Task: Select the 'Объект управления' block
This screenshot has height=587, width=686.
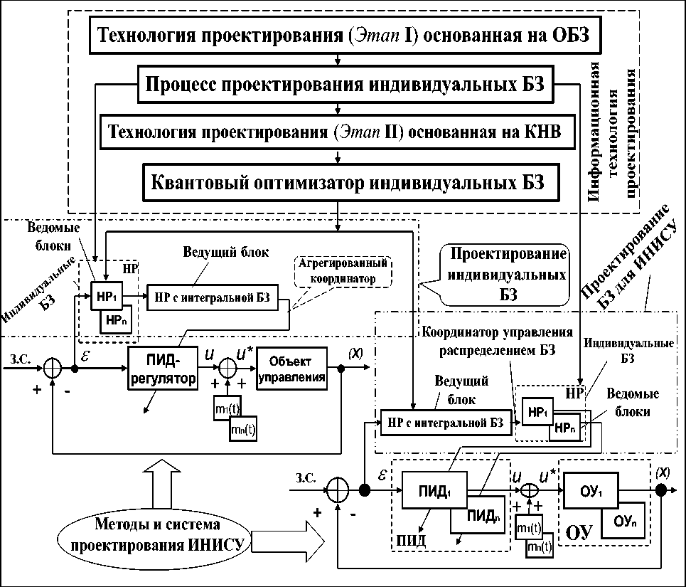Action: (293, 367)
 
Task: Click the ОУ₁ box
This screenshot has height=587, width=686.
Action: (594, 491)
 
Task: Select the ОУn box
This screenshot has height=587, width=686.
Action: (622, 521)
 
